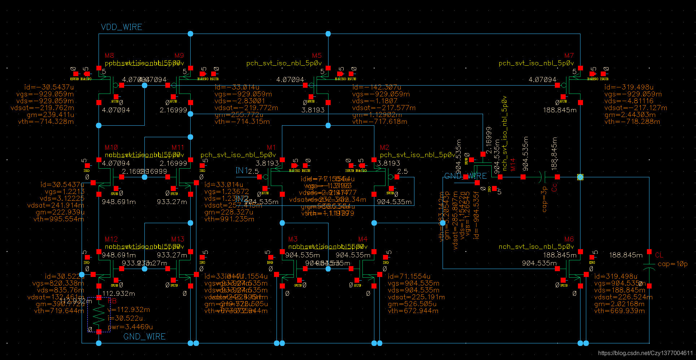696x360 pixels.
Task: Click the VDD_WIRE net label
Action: coord(121,27)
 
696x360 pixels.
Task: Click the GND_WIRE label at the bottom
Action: coord(144,337)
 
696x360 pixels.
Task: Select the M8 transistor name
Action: coord(109,56)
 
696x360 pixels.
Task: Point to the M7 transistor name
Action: coord(569,56)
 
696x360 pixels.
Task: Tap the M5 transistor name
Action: coord(317,56)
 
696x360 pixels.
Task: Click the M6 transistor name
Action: coord(569,239)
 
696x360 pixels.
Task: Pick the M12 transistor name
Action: coord(111,239)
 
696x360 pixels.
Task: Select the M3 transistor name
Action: coord(293,239)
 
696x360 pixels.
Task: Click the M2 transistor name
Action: coord(384,148)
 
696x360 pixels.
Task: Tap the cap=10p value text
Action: coord(673,264)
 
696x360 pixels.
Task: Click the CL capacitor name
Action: coord(659,255)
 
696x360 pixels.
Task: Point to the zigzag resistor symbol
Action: coord(99,314)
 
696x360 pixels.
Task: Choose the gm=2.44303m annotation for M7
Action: coord(630,115)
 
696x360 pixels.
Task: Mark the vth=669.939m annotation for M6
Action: coord(619,311)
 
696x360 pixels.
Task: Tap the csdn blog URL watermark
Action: coord(645,353)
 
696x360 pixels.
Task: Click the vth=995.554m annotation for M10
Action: coord(59,219)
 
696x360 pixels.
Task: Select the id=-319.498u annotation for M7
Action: coord(629,87)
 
